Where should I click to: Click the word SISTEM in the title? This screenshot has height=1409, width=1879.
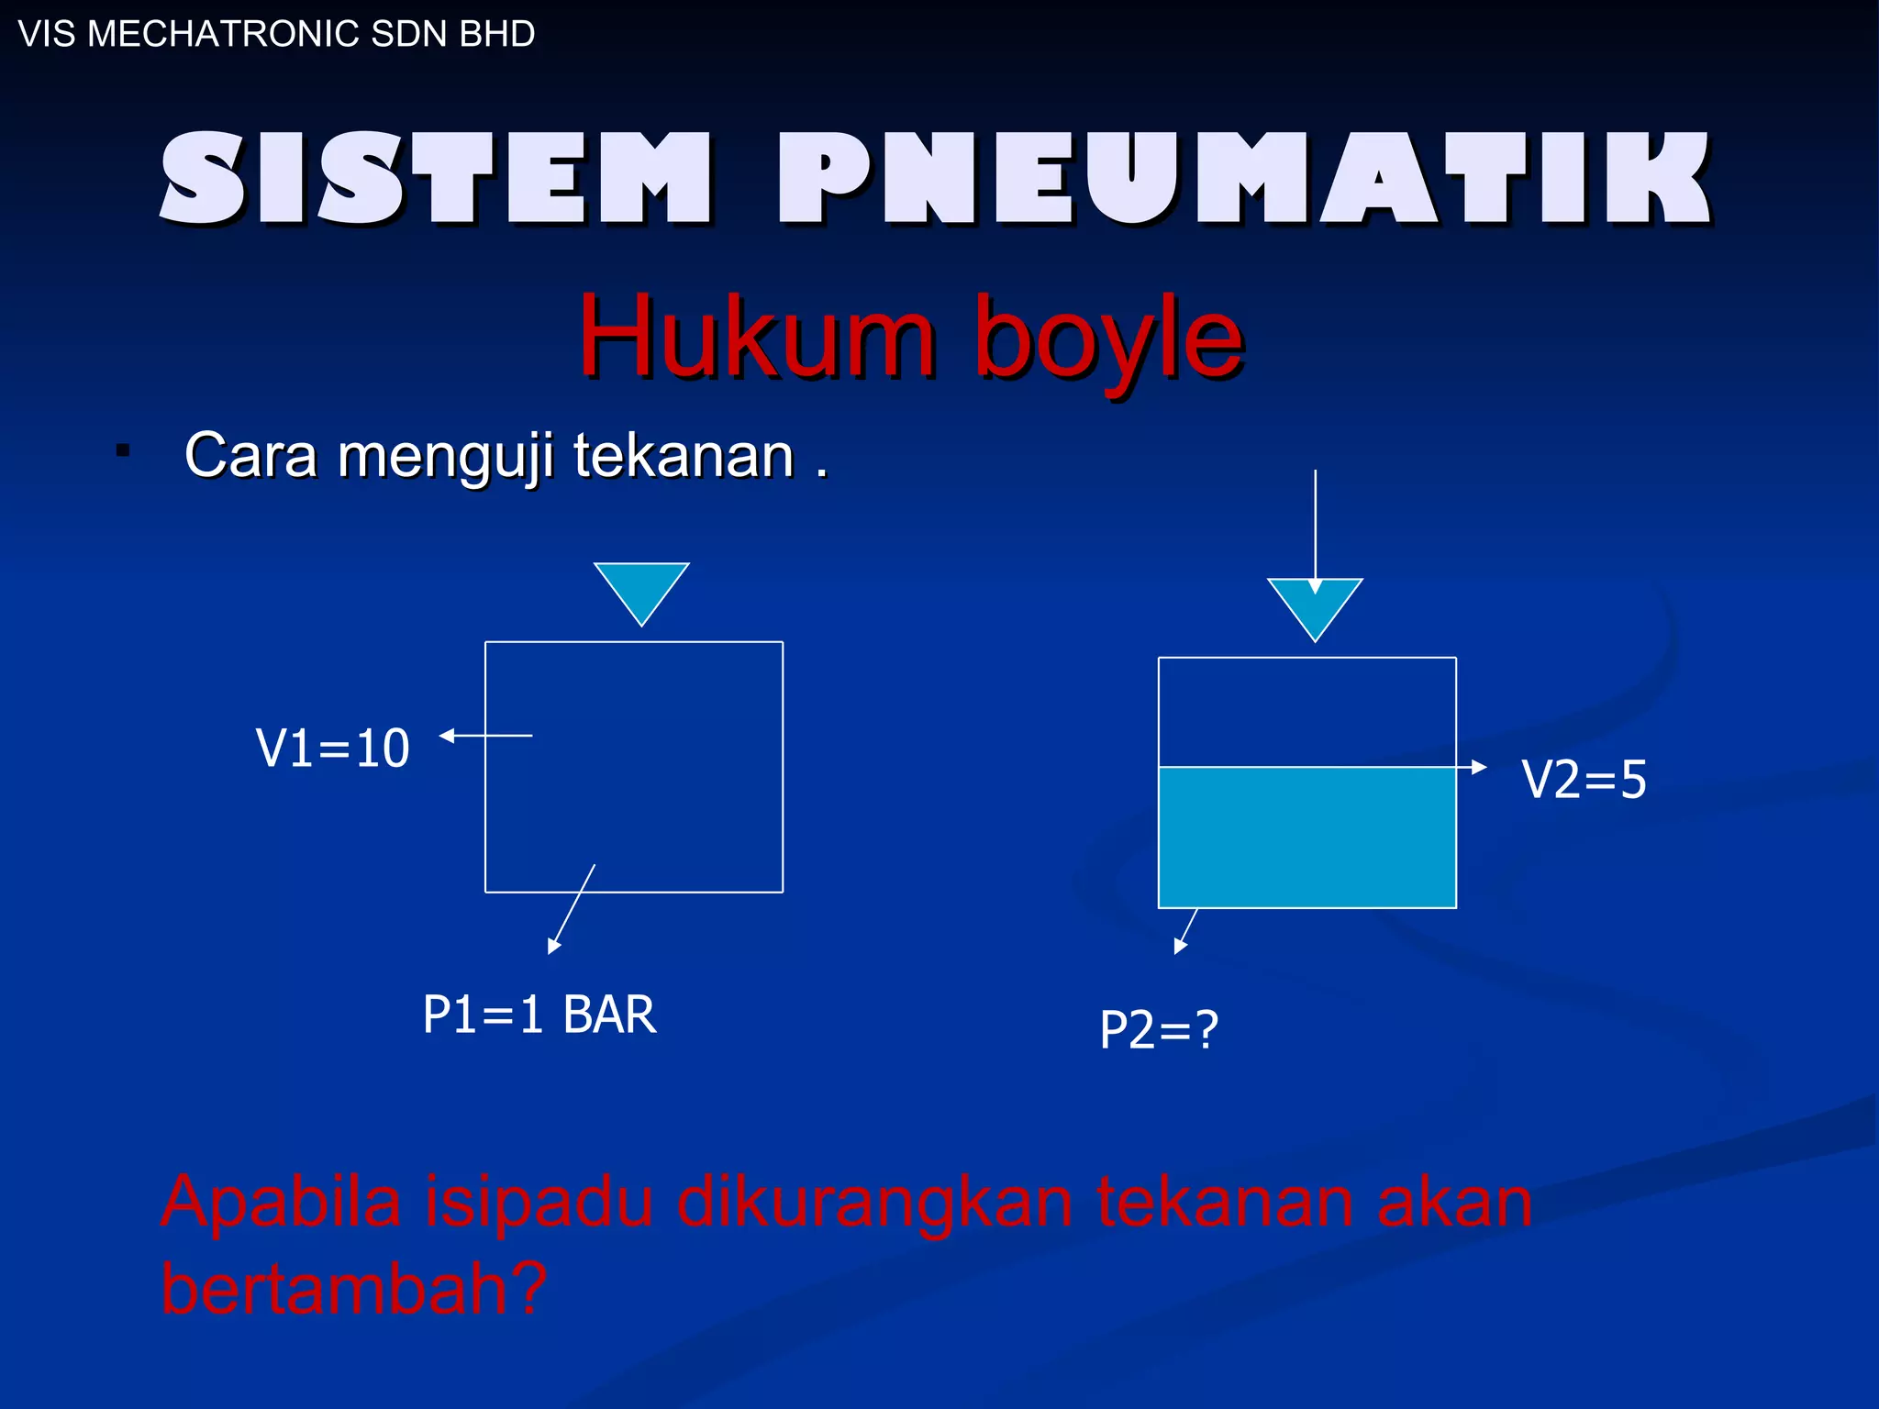[x=436, y=177]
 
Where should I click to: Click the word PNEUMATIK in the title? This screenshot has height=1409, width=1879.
[x=1243, y=177]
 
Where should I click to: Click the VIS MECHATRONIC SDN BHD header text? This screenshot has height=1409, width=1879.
[x=276, y=34]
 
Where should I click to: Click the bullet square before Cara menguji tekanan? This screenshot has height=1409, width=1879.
[x=123, y=450]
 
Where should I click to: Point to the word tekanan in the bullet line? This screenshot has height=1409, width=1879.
[x=684, y=455]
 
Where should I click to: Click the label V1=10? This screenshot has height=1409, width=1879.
[x=332, y=748]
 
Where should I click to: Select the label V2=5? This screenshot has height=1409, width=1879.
[x=1584, y=780]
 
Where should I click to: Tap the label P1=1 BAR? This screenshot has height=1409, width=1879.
[x=539, y=1015]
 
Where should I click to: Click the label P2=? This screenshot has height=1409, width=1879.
[x=1158, y=1029]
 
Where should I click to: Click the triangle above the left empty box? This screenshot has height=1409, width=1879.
[x=641, y=587]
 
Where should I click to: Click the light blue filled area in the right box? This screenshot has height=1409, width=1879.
[x=1306, y=837]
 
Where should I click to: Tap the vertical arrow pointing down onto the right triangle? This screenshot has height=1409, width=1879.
[x=1315, y=523]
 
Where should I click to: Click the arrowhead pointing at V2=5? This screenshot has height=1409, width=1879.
[x=1478, y=767]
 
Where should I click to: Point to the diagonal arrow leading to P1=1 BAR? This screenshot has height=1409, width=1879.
[x=573, y=908]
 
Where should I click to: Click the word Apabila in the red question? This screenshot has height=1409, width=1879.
[x=281, y=1201]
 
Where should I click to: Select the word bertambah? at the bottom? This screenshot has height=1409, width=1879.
[x=353, y=1288]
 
